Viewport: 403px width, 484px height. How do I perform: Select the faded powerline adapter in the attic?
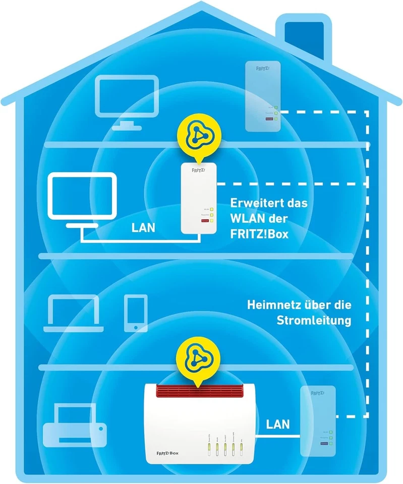pos(262,96)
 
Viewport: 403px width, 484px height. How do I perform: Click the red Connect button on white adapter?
pos(205,221)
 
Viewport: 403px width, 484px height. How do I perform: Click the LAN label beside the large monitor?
pos(144,227)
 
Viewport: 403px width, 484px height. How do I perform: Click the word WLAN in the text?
pos(247,219)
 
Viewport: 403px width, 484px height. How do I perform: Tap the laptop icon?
pos(73,314)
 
